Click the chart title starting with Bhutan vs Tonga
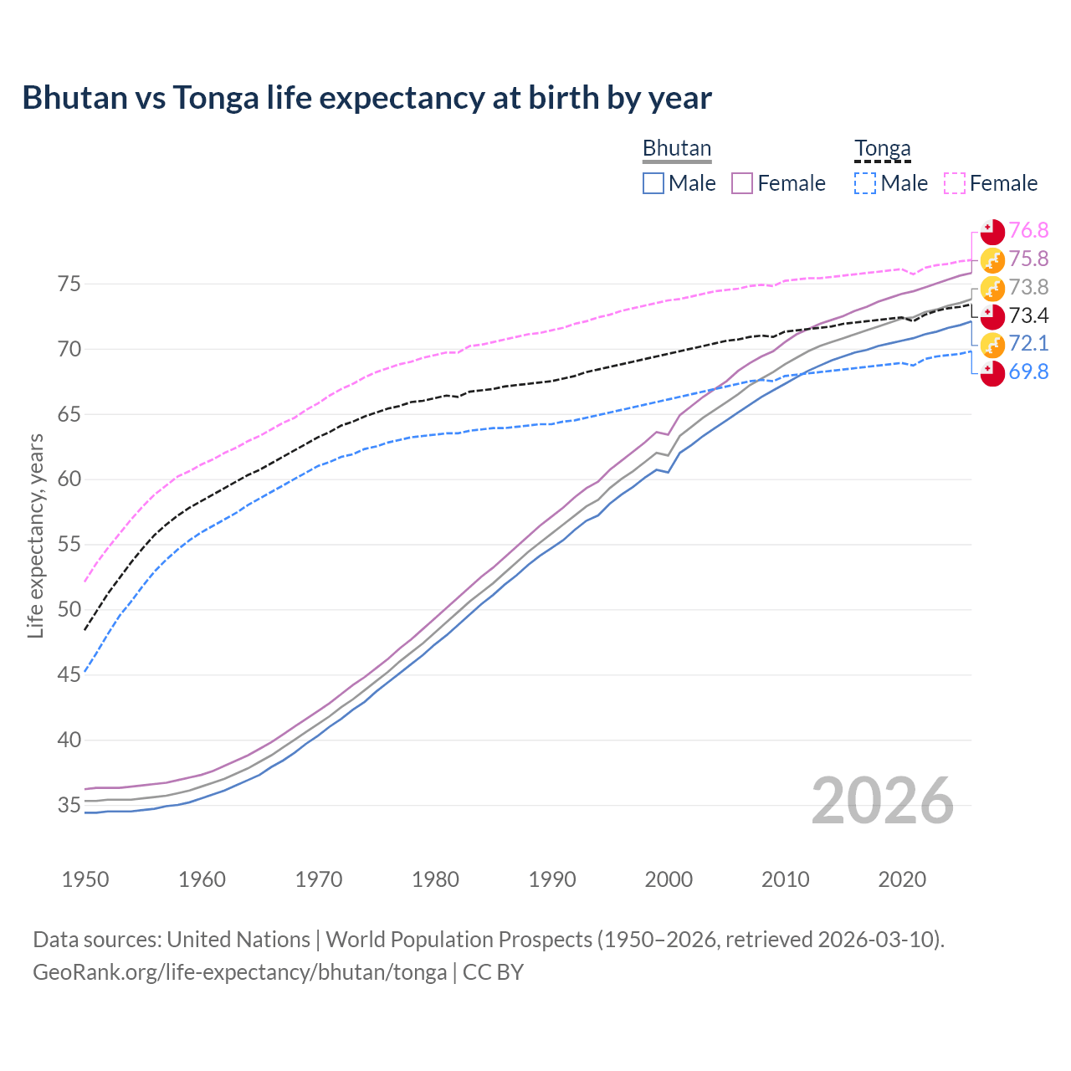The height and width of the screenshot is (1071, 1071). click(x=366, y=98)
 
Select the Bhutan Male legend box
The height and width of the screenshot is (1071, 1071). click(x=653, y=183)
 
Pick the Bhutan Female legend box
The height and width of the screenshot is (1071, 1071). click(x=742, y=183)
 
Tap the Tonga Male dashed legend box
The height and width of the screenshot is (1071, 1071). click(x=865, y=183)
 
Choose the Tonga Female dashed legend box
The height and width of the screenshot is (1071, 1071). click(x=955, y=183)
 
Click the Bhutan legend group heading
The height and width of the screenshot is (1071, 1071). click(x=676, y=148)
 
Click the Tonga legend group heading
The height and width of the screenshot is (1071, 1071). click(x=882, y=149)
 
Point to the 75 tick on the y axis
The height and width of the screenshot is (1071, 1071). click(x=69, y=284)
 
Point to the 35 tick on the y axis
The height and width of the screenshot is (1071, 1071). click(x=69, y=806)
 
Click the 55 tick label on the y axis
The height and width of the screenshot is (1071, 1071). click(x=69, y=545)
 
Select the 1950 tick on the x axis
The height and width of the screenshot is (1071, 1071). click(x=85, y=879)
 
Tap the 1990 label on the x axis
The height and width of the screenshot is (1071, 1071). click(x=552, y=879)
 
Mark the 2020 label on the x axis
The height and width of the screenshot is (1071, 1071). click(x=902, y=879)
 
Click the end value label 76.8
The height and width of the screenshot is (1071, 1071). click(x=1028, y=230)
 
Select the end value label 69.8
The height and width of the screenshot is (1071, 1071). click(x=1028, y=372)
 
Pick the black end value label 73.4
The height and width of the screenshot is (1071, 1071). click(x=1028, y=315)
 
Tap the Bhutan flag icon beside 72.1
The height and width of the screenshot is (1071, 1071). click(x=992, y=344)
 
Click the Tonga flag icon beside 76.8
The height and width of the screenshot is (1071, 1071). click(x=992, y=231)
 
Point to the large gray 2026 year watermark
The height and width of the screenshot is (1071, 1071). click(x=882, y=801)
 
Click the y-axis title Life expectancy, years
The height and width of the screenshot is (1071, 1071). click(x=35, y=535)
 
